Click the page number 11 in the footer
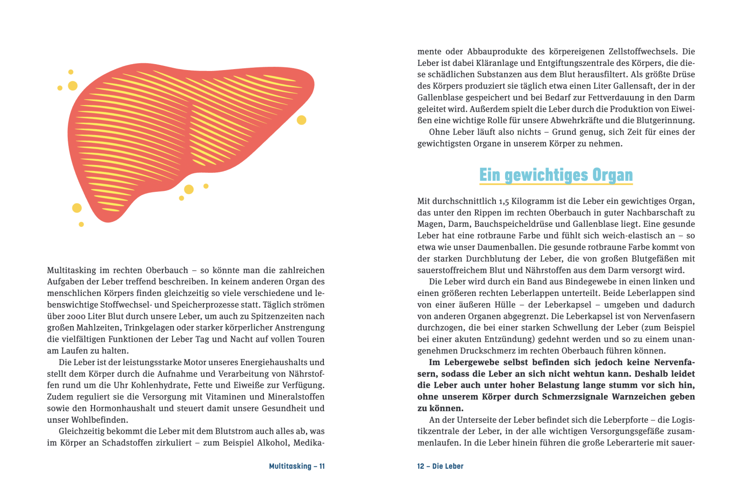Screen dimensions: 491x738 (x=322, y=466)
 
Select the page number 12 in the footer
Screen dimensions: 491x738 (x=421, y=466)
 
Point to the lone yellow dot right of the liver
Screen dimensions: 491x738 (x=302, y=120)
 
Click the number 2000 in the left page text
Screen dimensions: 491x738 (x=77, y=316)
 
